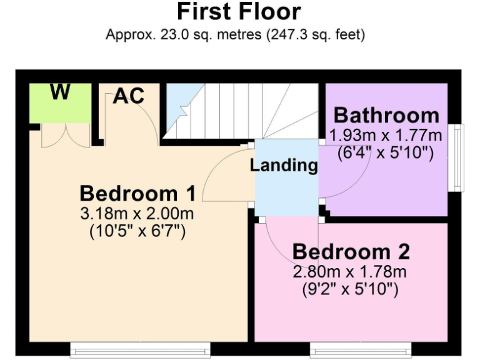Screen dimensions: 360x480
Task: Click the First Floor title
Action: coord(239,12)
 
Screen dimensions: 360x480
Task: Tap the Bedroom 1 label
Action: coord(137,192)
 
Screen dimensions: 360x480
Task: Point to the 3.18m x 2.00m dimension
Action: coord(137,214)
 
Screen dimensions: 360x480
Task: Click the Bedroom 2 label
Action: coord(351,252)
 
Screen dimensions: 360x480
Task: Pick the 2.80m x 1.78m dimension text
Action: coord(351,272)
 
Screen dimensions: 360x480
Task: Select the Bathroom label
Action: coord(386,115)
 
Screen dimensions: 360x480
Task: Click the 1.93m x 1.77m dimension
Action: coord(386,135)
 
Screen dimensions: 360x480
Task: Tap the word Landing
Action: coord(284,166)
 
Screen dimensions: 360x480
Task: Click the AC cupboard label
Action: coord(129,96)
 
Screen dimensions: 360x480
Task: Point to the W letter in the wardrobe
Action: coord(60,92)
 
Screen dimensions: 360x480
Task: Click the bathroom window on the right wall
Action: coord(459,157)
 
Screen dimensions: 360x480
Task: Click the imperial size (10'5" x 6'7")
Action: coord(137,231)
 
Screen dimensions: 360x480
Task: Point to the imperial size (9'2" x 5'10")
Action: coord(351,289)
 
